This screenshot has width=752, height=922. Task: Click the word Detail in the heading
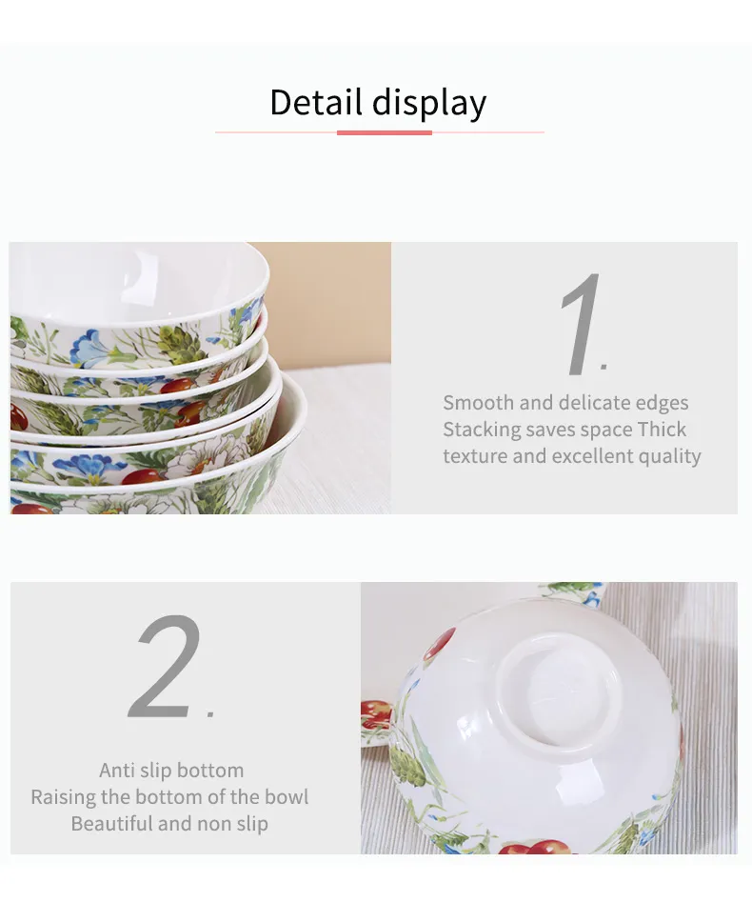(x=315, y=102)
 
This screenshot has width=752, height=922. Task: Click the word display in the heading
(x=429, y=105)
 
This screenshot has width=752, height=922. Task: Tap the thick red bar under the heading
(x=385, y=133)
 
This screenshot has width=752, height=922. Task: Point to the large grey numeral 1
(x=581, y=324)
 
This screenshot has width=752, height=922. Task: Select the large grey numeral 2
(x=166, y=666)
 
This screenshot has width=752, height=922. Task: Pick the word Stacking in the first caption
(x=480, y=431)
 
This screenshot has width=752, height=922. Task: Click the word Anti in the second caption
(x=117, y=770)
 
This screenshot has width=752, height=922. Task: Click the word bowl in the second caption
(x=287, y=797)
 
